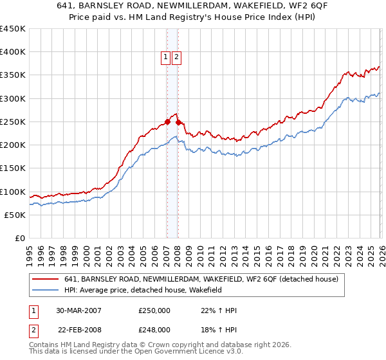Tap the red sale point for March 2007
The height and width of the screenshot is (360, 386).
point(167,122)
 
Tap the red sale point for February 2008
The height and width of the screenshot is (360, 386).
point(178,122)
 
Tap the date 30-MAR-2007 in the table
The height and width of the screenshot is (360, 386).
point(78,310)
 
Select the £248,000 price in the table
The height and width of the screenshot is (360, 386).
point(154,330)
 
